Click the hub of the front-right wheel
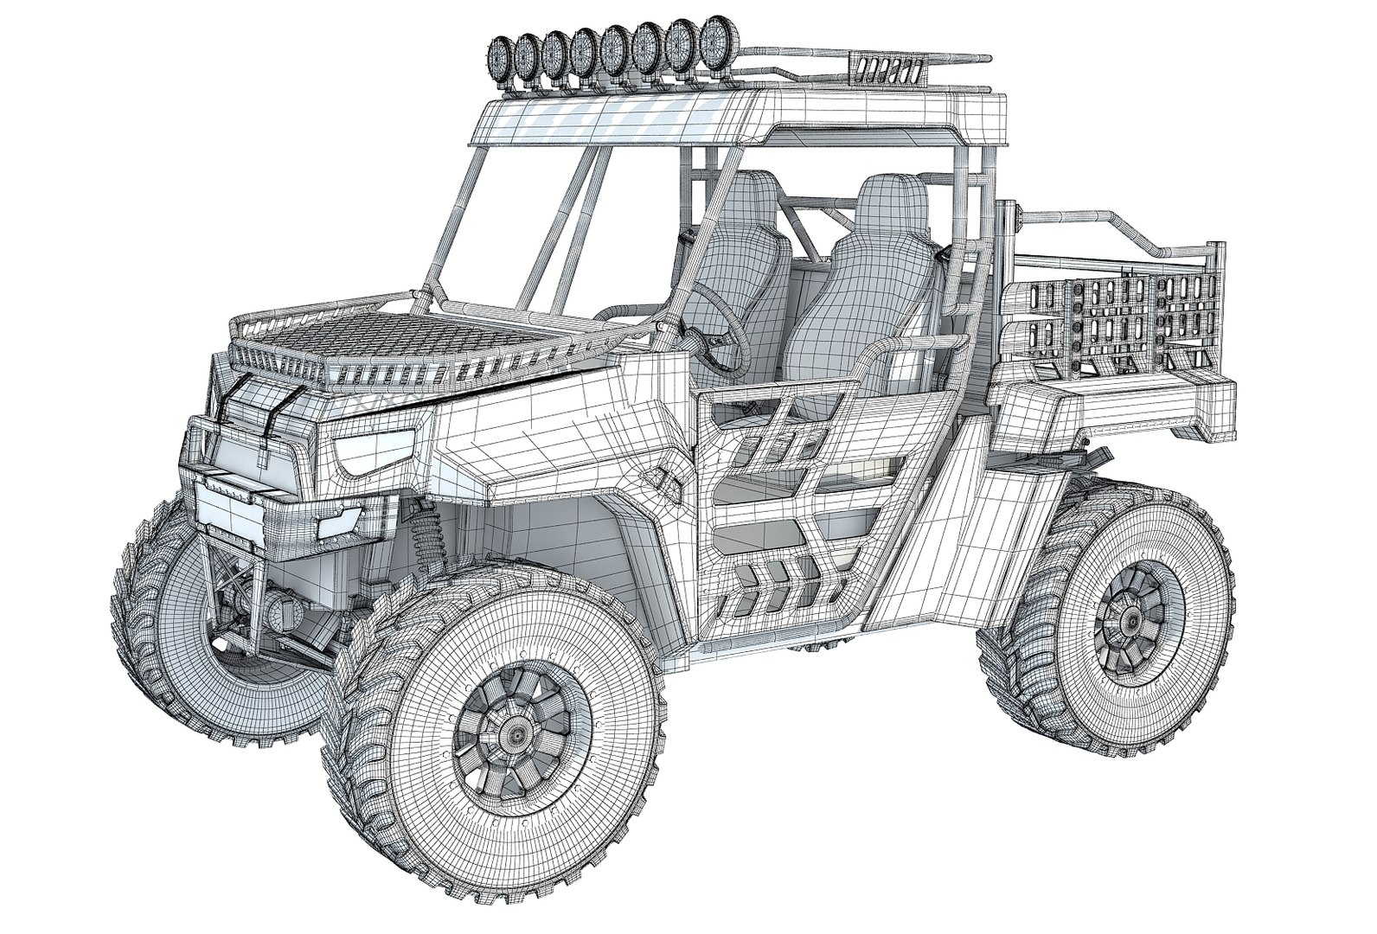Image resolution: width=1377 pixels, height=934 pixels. click(x=517, y=733)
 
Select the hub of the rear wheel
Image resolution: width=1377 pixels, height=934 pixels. click(x=1131, y=619)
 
